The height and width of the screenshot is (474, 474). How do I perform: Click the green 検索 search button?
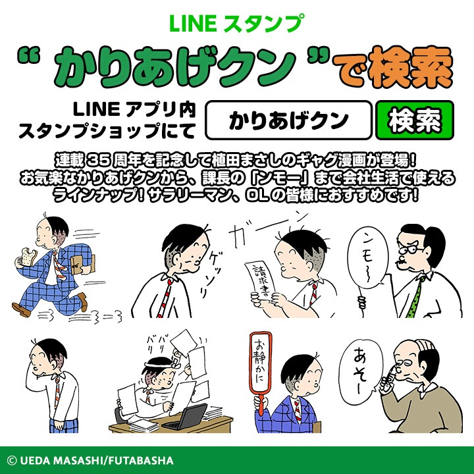pos(415,120)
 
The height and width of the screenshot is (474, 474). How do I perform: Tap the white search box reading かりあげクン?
pos(288,120)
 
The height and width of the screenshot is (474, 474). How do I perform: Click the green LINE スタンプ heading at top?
pos(236,23)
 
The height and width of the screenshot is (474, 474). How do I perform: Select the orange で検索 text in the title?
pos(392,67)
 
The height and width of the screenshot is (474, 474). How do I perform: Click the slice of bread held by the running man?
pos(26,256)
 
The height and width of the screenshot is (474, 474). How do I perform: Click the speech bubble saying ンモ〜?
pos(368,257)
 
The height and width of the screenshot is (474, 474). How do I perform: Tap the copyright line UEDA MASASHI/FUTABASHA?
pos(91,460)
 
